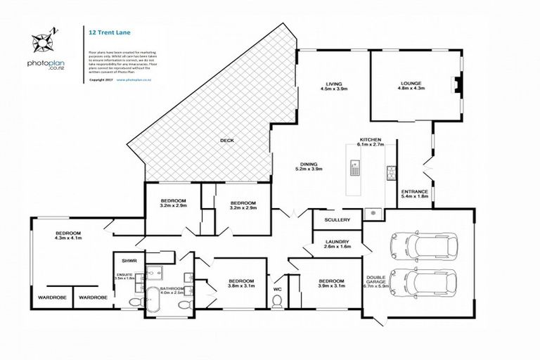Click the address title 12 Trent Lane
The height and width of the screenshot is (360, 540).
click(x=107, y=32)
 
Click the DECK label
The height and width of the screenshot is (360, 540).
click(x=226, y=141)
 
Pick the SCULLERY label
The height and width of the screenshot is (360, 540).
click(x=337, y=220)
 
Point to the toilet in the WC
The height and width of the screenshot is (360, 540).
click(x=278, y=300)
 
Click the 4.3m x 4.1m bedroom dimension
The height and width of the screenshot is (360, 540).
click(x=68, y=238)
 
